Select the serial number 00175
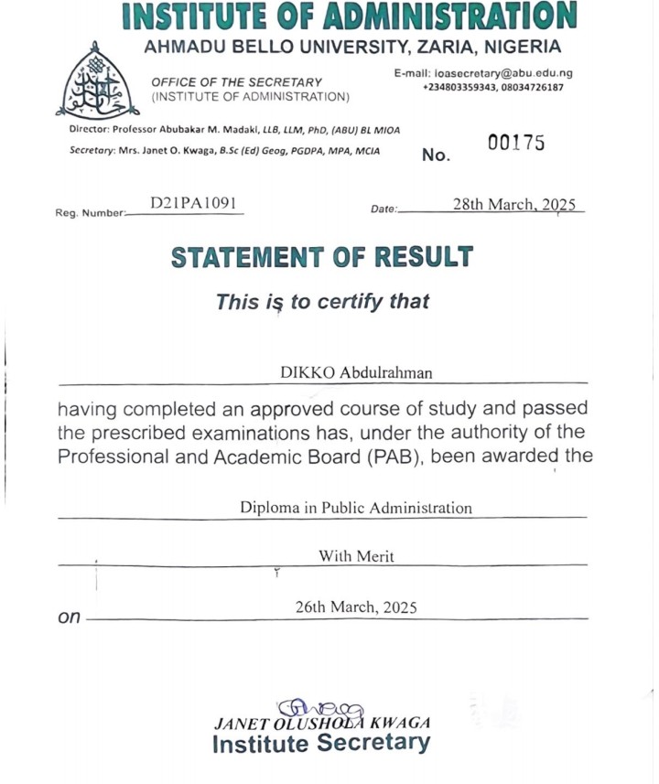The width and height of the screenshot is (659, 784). (x=516, y=143)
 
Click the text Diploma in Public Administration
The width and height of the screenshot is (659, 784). (x=356, y=507)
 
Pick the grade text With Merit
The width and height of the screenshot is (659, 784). (x=356, y=555)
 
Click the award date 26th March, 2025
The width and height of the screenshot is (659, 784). (x=356, y=606)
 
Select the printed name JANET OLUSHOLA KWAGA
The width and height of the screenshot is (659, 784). (x=321, y=722)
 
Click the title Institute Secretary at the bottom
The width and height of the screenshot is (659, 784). (x=320, y=743)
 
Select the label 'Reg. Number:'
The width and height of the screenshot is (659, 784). (x=89, y=212)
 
